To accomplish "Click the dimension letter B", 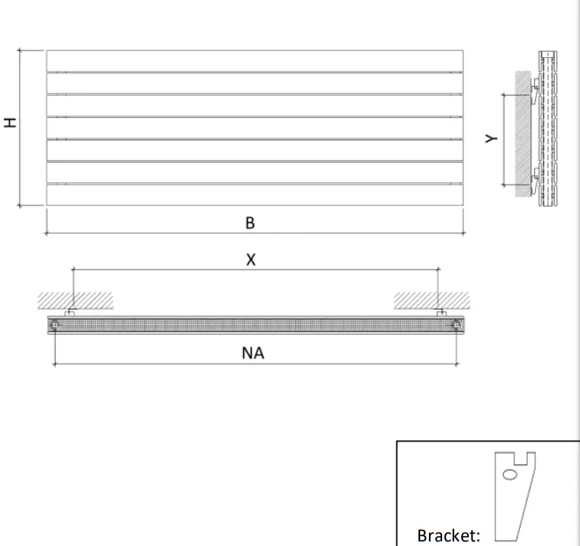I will pos(250,223).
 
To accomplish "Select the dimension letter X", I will pos(251,259).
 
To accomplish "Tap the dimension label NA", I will pos(253,353).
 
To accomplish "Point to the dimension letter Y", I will pos(492,138).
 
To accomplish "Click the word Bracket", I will pos(449,535).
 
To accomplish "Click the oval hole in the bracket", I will pos(511,474).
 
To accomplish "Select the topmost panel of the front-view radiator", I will pos(254,60).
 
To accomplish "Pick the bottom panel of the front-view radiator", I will pos(254,195).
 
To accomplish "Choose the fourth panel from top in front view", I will pos(254,128).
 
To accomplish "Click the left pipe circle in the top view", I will pos(56,325).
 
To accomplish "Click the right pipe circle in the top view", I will pos(455,325).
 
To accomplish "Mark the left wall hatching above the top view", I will pos(76,299).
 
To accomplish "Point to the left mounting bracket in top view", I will pos(70,313).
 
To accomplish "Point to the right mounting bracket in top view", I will pos(440,313).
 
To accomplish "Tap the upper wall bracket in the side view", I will pos(537,93).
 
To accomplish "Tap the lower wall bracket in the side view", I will pos(537,180).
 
